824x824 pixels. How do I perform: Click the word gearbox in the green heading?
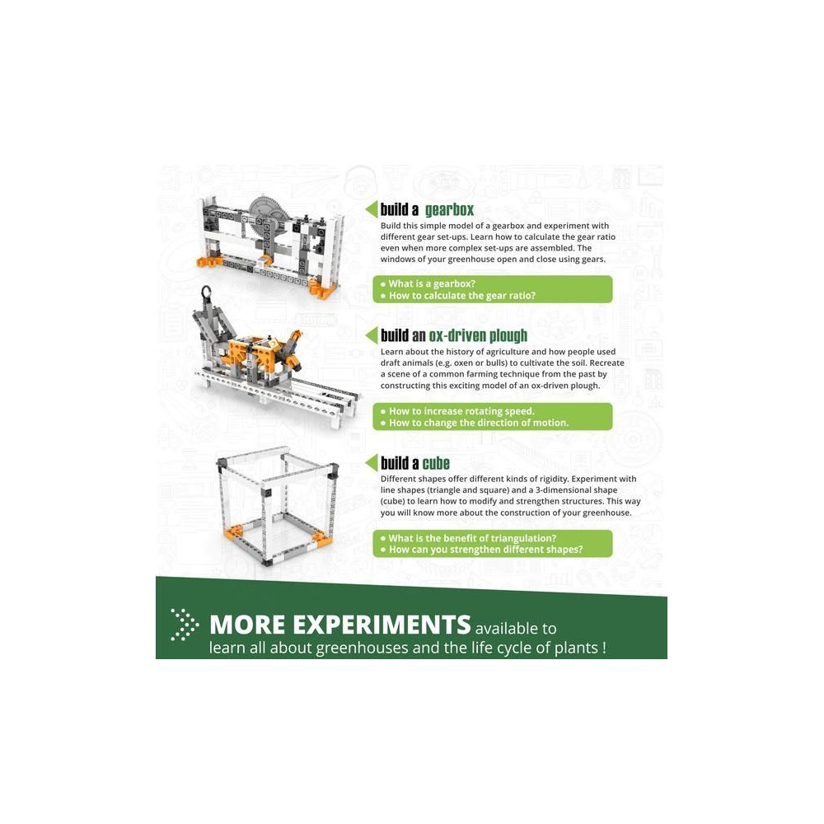[x=449, y=209]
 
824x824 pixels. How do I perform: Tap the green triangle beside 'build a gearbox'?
[x=372, y=209]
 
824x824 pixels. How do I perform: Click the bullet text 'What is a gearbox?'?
[x=432, y=283]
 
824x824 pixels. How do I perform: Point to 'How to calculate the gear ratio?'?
[x=462, y=296]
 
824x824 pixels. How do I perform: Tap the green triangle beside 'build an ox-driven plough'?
[x=372, y=335]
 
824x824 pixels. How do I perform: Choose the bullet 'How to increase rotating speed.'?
[x=461, y=411]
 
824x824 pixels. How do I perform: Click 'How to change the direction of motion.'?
[x=479, y=423]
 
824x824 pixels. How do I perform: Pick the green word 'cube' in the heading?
[x=436, y=463]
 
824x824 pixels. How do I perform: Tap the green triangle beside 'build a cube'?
[x=372, y=463]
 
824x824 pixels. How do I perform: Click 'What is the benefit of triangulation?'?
[x=472, y=539]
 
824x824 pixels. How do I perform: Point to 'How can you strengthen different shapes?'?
[x=485, y=550]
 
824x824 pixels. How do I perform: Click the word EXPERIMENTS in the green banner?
[x=381, y=625]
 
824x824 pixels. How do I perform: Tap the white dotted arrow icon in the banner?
[x=185, y=625]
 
